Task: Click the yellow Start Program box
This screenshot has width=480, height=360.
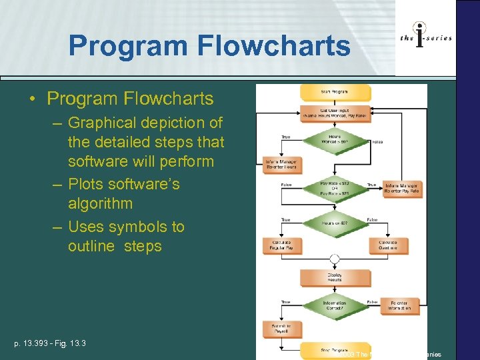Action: point(335,91)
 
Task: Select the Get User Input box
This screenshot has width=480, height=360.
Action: point(335,112)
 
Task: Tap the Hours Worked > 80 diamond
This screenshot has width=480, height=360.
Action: point(335,141)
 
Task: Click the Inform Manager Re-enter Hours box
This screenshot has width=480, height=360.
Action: point(283,165)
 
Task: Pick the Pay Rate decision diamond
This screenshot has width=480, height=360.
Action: point(335,189)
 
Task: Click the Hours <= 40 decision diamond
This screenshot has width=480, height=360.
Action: point(335,223)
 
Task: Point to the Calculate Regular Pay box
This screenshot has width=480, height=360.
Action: point(283,245)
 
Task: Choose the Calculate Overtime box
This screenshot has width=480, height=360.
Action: point(388,245)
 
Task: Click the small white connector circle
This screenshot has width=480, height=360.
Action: point(335,259)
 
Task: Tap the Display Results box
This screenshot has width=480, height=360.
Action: point(335,277)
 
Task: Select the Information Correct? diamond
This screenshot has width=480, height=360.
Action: point(335,306)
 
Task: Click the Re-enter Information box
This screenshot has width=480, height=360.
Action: point(400,306)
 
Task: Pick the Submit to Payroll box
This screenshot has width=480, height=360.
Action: point(283,329)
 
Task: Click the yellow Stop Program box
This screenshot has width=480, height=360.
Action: point(335,349)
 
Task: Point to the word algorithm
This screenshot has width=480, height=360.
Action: point(100,203)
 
